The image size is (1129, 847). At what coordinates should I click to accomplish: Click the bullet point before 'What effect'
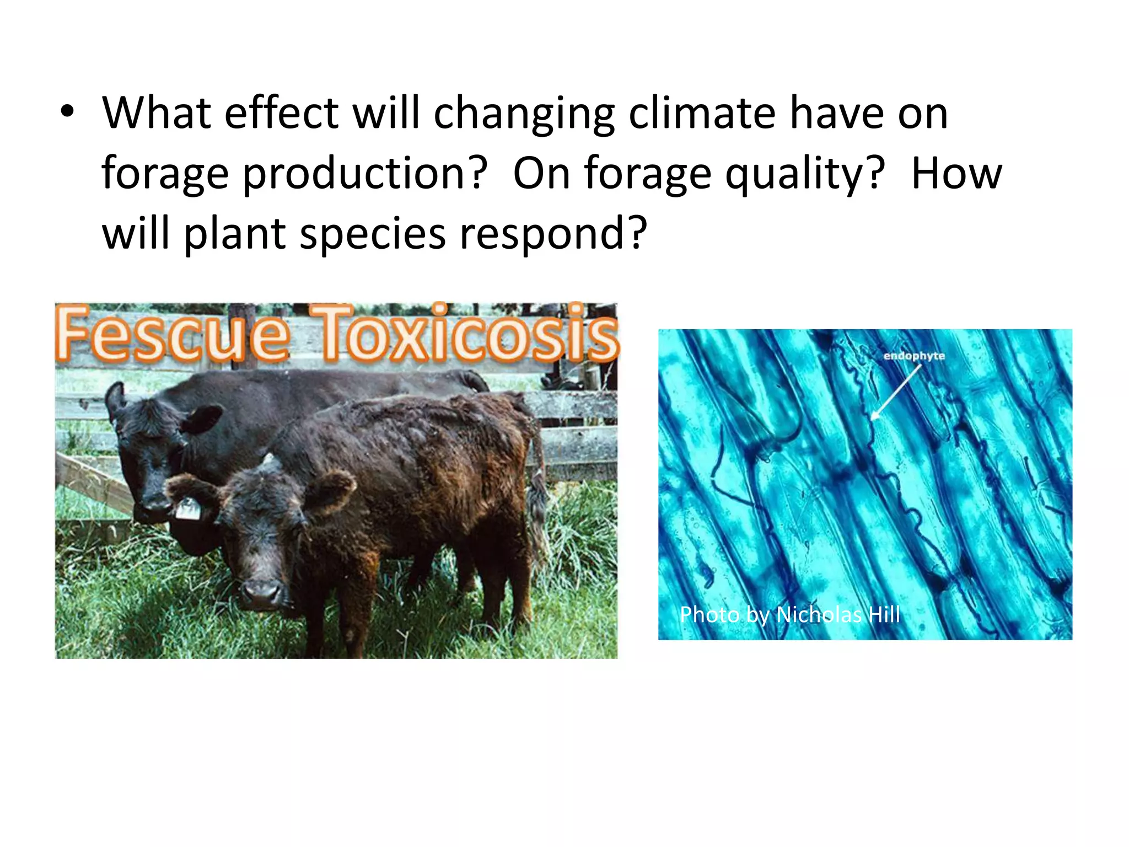[x=67, y=112]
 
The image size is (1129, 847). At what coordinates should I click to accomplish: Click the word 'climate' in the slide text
[x=702, y=114]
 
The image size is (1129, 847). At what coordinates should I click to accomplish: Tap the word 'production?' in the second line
[x=365, y=174]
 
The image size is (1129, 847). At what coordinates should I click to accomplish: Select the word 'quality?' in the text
[x=805, y=174]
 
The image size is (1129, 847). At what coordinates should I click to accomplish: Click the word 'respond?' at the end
[x=553, y=234]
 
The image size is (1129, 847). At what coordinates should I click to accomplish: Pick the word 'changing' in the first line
[x=524, y=114]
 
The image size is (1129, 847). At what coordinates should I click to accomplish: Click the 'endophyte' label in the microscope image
[x=914, y=356]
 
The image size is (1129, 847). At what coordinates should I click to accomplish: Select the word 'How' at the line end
[x=956, y=174]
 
